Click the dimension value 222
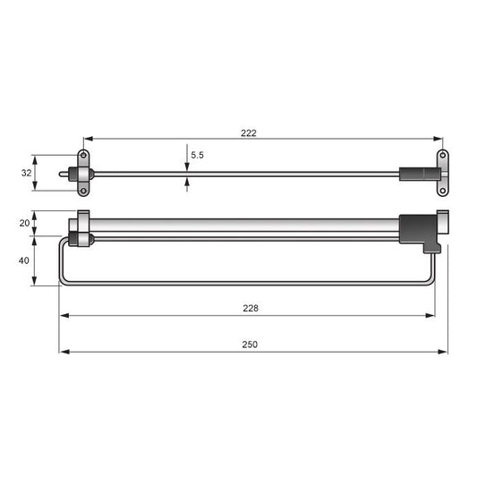coord(248,132)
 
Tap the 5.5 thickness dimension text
coord(197,155)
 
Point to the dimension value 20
coord(23,223)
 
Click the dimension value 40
coord(23,260)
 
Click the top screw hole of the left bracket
coord(84,157)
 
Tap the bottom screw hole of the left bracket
coord(84,189)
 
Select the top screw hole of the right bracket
coord(441,158)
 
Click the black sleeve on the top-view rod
coord(413,173)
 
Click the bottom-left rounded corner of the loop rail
coord(63,281)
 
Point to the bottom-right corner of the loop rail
coord(432,281)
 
